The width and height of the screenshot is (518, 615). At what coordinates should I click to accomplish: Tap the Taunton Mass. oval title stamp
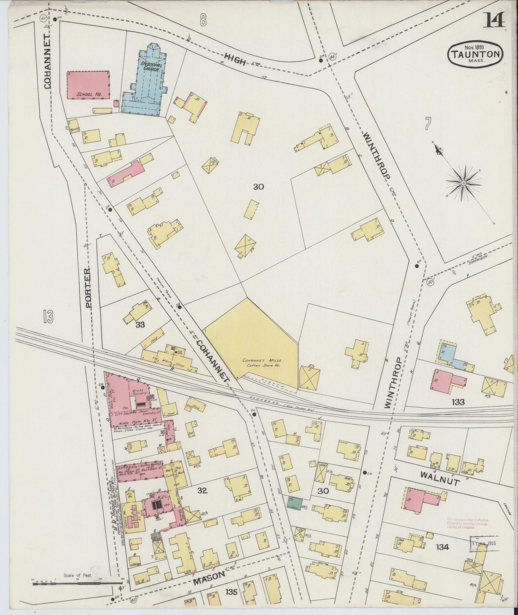click(475, 54)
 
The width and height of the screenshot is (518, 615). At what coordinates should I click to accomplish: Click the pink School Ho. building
click(88, 85)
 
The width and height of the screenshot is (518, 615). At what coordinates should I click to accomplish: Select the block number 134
click(443, 547)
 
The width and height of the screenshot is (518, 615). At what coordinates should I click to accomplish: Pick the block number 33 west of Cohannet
click(140, 324)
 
